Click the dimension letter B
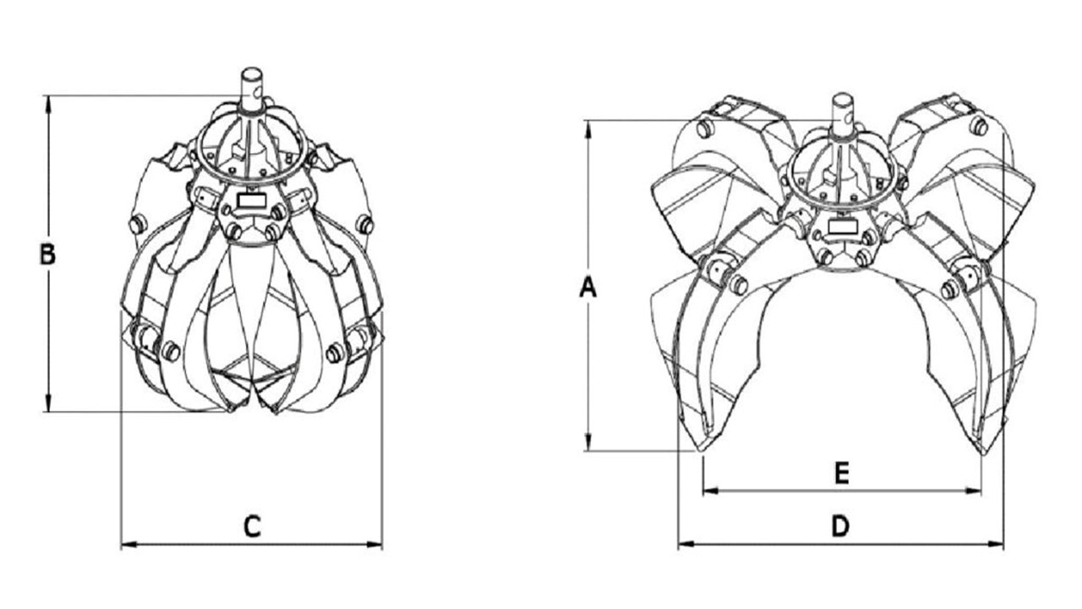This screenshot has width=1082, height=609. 47,255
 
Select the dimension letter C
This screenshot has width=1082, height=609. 252,527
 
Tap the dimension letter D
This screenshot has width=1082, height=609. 840,526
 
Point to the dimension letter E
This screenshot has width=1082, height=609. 842,473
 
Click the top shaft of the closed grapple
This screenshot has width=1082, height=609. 251,91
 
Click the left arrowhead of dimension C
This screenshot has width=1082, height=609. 128,545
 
